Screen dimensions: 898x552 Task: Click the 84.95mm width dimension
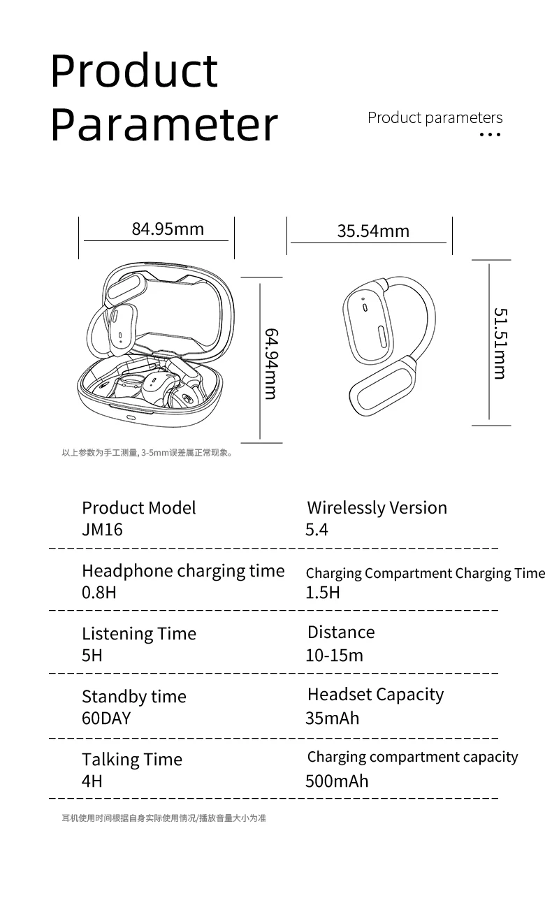(x=168, y=229)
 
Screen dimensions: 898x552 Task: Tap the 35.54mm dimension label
(x=373, y=231)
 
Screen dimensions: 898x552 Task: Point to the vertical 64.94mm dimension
(x=271, y=363)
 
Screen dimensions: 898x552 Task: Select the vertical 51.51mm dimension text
(x=499, y=343)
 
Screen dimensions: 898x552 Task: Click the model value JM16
(x=102, y=530)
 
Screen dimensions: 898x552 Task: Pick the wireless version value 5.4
(x=317, y=530)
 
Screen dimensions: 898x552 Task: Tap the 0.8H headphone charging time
(x=99, y=593)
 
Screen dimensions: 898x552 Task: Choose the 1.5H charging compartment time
(x=323, y=593)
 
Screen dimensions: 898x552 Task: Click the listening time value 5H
(x=92, y=656)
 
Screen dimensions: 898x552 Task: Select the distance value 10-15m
(x=334, y=656)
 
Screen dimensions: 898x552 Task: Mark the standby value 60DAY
(x=106, y=718)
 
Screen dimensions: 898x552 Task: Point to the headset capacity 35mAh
(x=332, y=718)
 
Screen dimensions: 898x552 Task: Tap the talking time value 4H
(x=92, y=781)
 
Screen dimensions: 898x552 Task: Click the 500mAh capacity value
(x=337, y=781)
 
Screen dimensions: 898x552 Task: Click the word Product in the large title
(x=135, y=71)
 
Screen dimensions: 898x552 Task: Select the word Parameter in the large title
(x=164, y=125)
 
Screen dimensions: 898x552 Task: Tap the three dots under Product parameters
(x=491, y=134)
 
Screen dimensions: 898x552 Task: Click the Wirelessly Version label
(x=377, y=508)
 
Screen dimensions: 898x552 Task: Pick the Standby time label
(x=134, y=697)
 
